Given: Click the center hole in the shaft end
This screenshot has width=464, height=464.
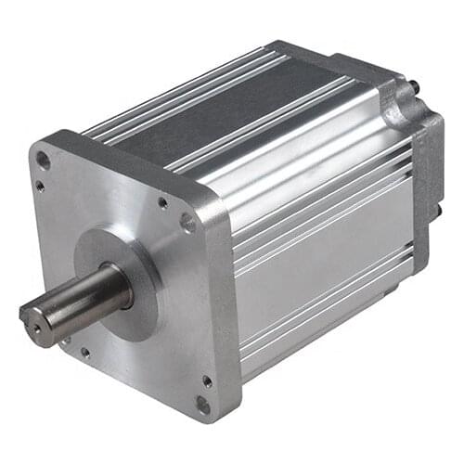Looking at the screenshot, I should [36, 325].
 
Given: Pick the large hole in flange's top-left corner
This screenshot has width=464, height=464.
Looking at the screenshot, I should [43, 160].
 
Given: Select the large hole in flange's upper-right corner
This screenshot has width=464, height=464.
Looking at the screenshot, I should [187, 222].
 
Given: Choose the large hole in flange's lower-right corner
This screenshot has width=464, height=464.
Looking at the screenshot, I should [202, 404].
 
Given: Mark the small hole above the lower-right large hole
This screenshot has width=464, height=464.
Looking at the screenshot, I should [206, 380].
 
